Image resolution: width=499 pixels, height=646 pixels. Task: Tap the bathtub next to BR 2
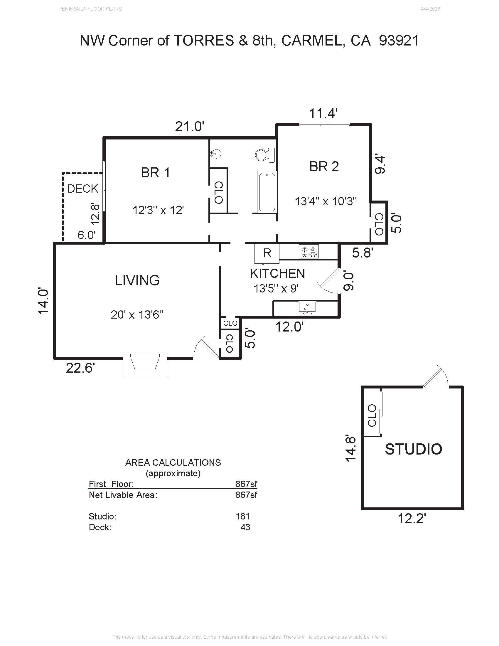point(267,192)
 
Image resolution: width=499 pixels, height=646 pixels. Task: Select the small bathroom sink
point(216,154)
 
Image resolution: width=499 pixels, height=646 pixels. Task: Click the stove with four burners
point(308,251)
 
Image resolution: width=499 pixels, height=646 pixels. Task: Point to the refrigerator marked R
point(267,253)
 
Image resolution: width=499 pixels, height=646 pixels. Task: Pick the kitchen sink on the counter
point(307,308)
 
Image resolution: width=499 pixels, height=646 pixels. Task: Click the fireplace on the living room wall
point(145,365)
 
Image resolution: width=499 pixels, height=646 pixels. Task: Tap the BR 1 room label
point(156,173)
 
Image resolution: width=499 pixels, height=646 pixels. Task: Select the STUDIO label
point(413,449)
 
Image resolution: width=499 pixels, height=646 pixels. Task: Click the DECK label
point(82,189)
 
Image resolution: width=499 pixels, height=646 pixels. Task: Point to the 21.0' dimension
point(190,127)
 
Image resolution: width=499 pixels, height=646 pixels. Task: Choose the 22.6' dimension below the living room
point(80,368)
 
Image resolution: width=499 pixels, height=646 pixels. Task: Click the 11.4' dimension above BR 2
point(323,113)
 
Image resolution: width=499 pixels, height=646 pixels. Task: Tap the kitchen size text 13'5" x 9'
point(276,288)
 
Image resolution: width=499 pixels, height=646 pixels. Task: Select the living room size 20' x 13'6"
point(137,314)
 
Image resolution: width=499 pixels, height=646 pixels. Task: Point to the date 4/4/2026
point(430,9)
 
